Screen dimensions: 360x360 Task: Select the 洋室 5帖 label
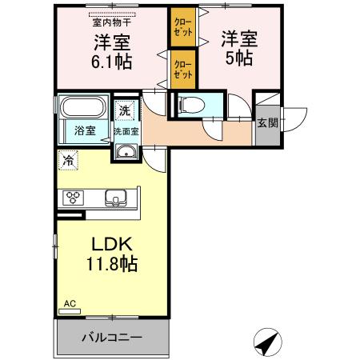238,47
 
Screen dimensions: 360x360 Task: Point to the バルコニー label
112,337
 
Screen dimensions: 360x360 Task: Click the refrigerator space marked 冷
69,160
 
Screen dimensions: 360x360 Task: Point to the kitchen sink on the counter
114,197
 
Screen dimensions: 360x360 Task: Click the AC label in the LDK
70,303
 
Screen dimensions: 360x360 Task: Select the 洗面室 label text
125,130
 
